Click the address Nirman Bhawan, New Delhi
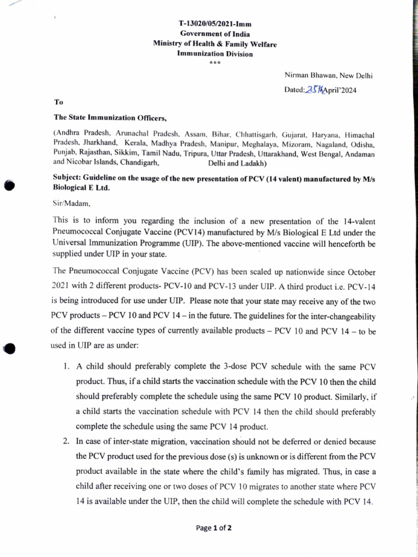(x=328, y=76)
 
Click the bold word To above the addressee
(x=59, y=102)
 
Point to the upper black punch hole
(x=9, y=185)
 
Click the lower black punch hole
(x=9, y=349)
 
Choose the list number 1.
(x=66, y=367)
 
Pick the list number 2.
(x=65, y=442)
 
